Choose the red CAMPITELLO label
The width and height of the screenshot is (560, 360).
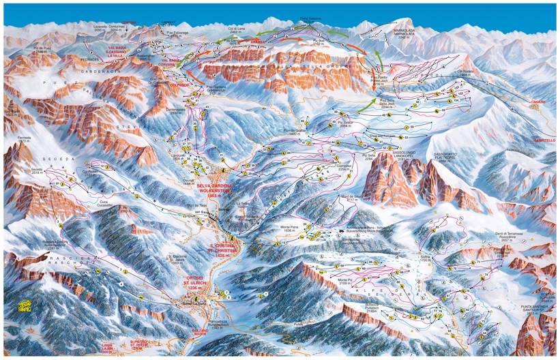coord(542,139)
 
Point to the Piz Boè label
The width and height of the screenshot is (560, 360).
coord(319,41)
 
